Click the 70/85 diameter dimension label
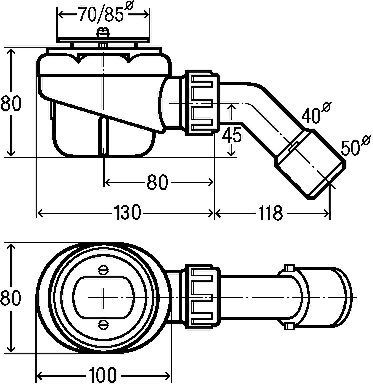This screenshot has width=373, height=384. point(106,13)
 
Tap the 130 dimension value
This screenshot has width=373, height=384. point(127,213)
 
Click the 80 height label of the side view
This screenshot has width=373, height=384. point(11,103)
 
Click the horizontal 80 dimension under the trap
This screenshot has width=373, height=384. point(157,182)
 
